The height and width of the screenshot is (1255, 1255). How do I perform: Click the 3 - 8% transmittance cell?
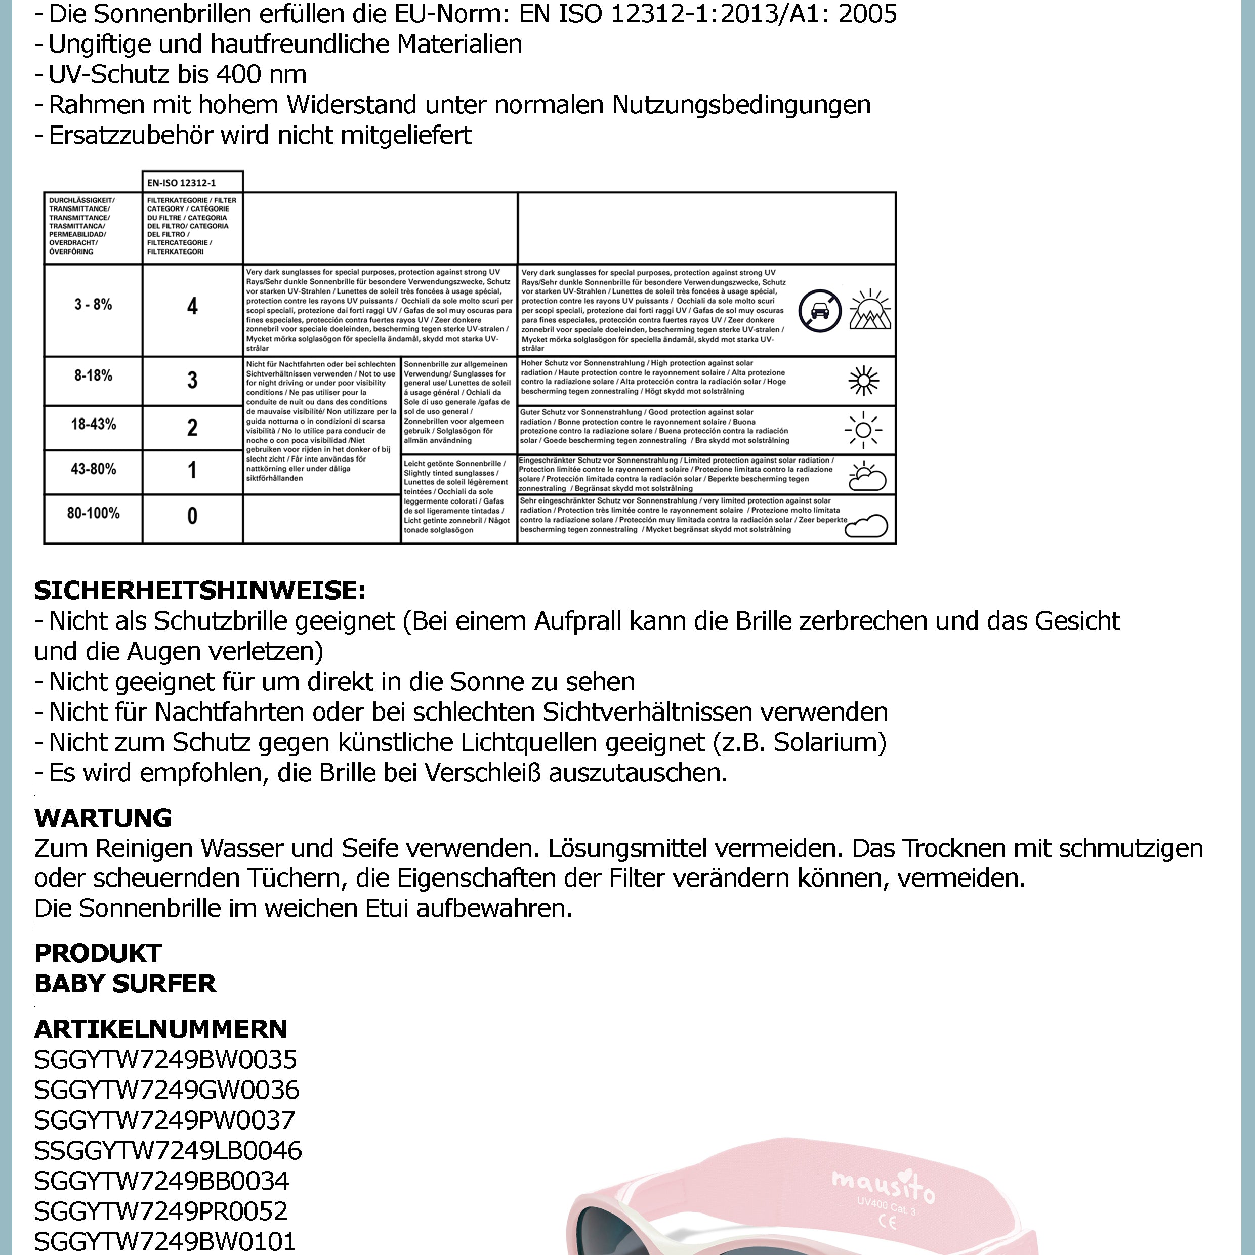tap(93, 305)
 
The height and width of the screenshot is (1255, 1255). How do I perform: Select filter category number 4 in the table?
tap(192, 306)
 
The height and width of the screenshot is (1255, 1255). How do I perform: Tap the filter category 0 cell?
tap(192, 516)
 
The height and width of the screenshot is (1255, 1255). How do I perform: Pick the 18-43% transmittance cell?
tap(93, 425)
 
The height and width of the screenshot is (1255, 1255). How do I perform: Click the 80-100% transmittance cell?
tap(93, 513)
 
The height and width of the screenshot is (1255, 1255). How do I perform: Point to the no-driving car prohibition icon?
tap(820, 311)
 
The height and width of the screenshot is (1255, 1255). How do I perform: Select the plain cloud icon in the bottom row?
tap(866, 525)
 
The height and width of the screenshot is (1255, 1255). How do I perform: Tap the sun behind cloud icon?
tap(866, 476)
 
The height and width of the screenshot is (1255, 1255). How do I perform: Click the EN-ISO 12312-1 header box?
tap(192, 183)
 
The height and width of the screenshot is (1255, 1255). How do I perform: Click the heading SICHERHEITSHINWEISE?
tap(200, 591)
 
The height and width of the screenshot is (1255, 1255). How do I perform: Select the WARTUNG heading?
tap(103, 817)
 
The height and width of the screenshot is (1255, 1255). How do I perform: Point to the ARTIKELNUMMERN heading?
tap(160, 1028)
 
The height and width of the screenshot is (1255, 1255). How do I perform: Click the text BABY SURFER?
tap(124, 983)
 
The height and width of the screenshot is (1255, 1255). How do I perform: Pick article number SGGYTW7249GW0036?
tap(166, 1090)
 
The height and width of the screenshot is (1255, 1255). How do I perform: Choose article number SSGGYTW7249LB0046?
tap(168, 1150)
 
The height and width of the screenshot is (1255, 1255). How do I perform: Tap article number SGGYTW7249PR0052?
tap(160, 1211)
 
